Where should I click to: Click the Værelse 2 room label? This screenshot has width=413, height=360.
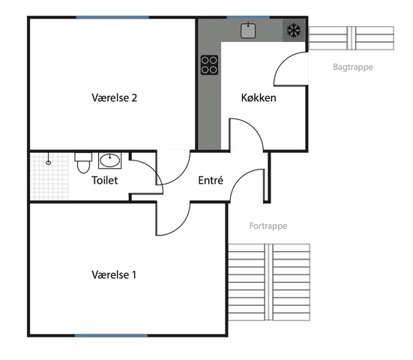pos(115,97)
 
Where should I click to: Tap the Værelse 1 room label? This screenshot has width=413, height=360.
pos(114,275)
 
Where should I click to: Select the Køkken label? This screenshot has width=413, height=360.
pos(259,97)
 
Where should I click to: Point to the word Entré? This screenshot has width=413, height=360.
pos(211,180)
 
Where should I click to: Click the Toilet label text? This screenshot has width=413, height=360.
pos(105,180)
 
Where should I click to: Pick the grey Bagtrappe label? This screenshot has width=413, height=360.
pos(353,67)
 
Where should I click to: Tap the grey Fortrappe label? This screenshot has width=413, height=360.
pos(268,226)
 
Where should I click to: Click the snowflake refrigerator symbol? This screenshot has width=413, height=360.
pos(294,30)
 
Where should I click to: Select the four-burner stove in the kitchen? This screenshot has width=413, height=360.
pos(209,65)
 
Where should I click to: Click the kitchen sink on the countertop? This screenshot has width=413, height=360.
pos(248,31)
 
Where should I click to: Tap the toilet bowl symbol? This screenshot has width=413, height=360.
pos(83,163)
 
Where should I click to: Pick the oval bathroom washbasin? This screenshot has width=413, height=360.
pos(110,160)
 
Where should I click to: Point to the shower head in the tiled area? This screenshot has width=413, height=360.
pos(48,163)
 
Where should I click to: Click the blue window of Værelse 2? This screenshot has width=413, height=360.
pos(112,18)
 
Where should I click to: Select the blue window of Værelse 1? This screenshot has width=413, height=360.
pos(111,335)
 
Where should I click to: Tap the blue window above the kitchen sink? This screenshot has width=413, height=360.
pos(248,18)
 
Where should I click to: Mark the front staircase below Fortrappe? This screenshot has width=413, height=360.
pos(269,282)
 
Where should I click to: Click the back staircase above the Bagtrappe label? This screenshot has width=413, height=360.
pos(351,38)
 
